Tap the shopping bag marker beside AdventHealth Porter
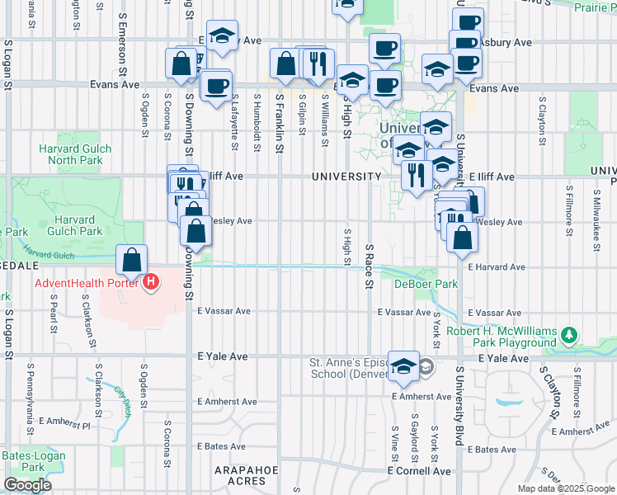tap(132, 262)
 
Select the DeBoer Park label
tap(426, 284)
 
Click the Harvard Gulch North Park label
tap(69, 154)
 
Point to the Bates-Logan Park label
tap(22, 461)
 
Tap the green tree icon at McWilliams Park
tap(568, 335)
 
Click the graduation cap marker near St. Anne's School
tap(403, 368)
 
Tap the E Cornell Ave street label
tap(420, 471)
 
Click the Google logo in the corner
tap(28, 486)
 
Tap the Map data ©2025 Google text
tap(565, 488)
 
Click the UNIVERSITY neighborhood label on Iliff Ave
tap(346, 177)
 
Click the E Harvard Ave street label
tap(496, 267)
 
